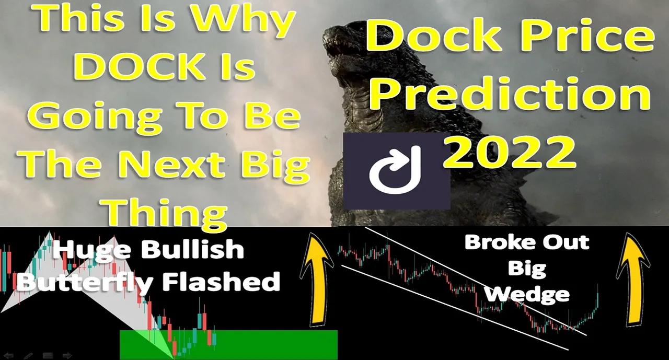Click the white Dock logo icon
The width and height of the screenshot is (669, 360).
point(395,170)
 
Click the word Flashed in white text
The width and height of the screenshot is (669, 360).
point(221,281)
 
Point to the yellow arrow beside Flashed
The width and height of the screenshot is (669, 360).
point(317,279)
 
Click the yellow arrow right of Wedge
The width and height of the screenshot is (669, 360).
point(632,279)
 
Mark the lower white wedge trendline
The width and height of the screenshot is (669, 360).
point(455,307)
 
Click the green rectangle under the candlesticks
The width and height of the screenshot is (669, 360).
point(229,345)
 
